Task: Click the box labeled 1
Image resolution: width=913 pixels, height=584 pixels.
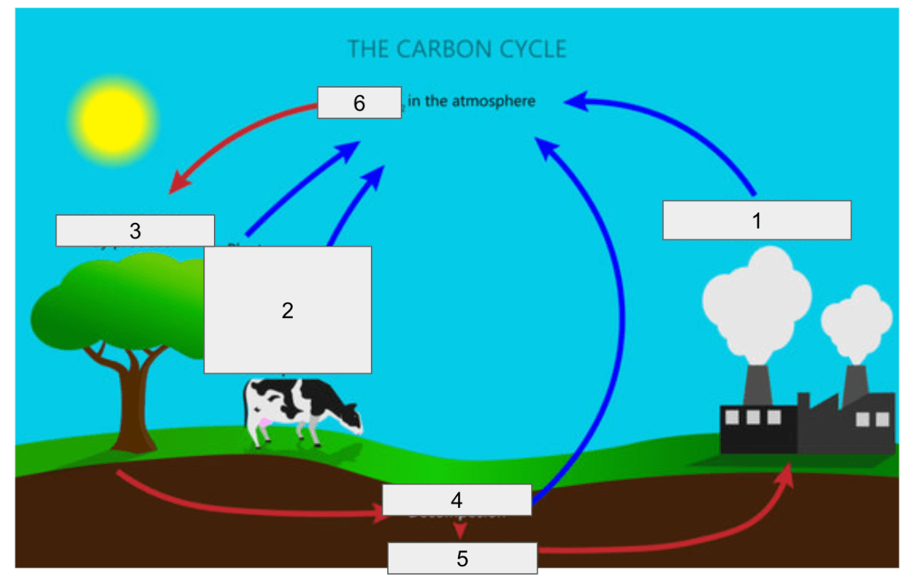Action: [757, 220]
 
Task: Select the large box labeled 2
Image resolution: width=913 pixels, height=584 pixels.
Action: [287, 310]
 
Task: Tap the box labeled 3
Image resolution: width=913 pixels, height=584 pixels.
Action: [135, 231]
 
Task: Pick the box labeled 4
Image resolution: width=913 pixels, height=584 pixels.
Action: [457, 500]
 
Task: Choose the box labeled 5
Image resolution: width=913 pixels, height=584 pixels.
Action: [462, 558]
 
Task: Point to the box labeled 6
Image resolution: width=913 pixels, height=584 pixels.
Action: [359, 103]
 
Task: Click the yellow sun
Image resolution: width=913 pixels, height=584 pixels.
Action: [113, 121]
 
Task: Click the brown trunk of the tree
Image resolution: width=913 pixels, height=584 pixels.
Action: [135, 409]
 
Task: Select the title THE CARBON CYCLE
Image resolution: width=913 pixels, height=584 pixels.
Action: [457, 49]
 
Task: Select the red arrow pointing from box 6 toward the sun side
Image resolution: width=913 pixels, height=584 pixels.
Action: [234, 139]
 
